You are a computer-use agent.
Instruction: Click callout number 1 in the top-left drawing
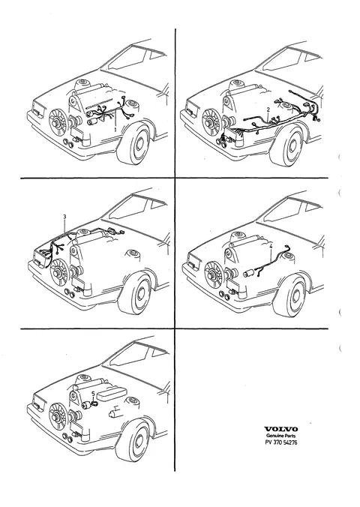click(115, 129)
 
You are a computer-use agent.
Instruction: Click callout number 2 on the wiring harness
click(268, 110)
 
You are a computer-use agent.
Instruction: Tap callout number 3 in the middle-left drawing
click(64, 216)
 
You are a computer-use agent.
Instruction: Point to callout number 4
click(271, 246)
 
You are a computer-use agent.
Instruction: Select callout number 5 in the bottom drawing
click(93, 394)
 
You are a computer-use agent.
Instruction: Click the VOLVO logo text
click(281, 430)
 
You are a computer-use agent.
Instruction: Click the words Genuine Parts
click(280, 436)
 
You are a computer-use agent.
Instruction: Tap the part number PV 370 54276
click(280, 442)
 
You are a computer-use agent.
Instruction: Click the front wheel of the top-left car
click(135, 144)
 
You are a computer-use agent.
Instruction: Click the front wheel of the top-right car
click(289, 145)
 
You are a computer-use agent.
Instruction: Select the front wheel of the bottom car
click(134, 440)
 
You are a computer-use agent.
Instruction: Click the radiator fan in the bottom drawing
click(58, 418)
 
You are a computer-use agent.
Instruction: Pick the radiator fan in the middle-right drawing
click(214, 274)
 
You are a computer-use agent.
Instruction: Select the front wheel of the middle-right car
click(290, 295)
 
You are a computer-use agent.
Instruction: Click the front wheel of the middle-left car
click(136, 293)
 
